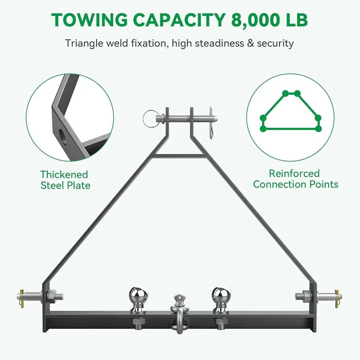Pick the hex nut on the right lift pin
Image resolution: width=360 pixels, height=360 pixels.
point(307,296)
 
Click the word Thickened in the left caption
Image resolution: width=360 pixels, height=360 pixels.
point(64,175)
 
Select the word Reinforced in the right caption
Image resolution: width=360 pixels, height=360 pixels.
point(294,173)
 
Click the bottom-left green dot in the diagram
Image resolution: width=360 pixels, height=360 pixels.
point(263,129)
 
